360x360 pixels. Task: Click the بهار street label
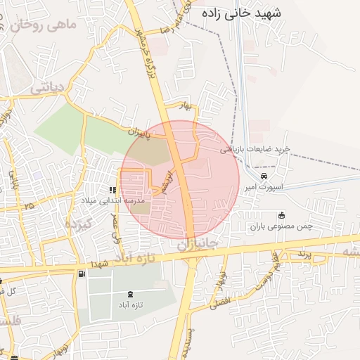[x=186, y=105]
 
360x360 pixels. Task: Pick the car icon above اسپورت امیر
[x=264, y=176]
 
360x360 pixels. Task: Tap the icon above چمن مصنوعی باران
[x=282, y=215]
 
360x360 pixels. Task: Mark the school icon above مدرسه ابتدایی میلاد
[x=112, y=190]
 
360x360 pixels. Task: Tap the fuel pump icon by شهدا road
[x=83, y=272]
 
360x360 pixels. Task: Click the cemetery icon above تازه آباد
[x=130, y=294]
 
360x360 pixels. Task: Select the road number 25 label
[x=29, y=206]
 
